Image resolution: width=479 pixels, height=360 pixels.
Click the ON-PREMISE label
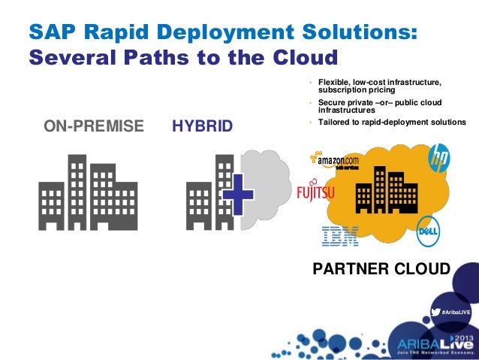pyautogui.click(x=94, y=126)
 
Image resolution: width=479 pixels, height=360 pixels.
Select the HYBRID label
pyautogui.click(x=203, y=126)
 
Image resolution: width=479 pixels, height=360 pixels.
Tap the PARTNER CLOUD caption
pyautogui.click(x=381, y=269)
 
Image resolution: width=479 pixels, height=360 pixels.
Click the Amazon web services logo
pyautogui.click(x=334, y=162)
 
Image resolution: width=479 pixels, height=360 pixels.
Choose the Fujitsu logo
pyautogui.click(x=316, y=193)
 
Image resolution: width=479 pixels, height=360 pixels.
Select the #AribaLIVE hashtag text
pyautogui.click(x=456, y=311)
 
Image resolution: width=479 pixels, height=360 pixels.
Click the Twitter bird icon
pyautogui.click(x=435, y=311)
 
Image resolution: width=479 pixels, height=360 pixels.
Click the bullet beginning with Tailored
pyautogui.click(x=391, y=123)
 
